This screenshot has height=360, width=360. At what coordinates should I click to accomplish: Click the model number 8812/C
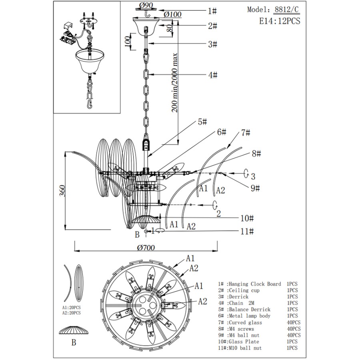point(287,10)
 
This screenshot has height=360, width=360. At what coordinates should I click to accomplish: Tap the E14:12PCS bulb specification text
point(280,21)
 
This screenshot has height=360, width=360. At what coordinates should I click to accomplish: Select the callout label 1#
point(212,11)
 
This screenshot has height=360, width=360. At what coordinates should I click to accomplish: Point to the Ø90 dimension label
point(146,5)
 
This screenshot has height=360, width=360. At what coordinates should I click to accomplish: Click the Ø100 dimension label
point(173,14)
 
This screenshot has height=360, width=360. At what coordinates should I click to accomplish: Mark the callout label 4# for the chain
point(213,75)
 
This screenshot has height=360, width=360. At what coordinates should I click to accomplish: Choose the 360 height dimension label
point(62,190)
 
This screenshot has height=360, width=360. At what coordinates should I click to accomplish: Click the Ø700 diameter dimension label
point(146,248)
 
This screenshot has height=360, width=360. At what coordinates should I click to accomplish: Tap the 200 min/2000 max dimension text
point(175,83)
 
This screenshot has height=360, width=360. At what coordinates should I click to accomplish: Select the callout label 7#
point(246,133)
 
